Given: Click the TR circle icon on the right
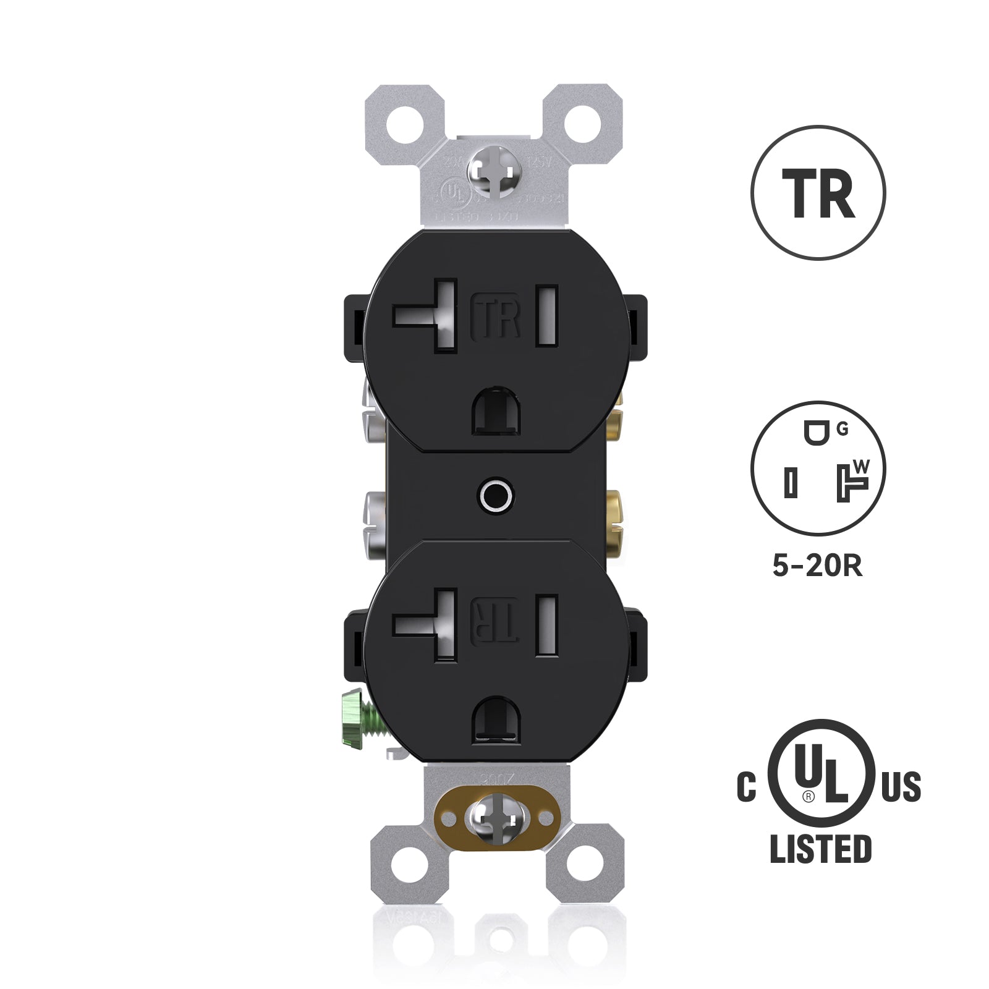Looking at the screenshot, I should point(818,192).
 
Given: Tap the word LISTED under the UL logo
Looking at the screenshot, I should point(820,848).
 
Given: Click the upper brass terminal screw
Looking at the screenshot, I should point(615,422).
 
